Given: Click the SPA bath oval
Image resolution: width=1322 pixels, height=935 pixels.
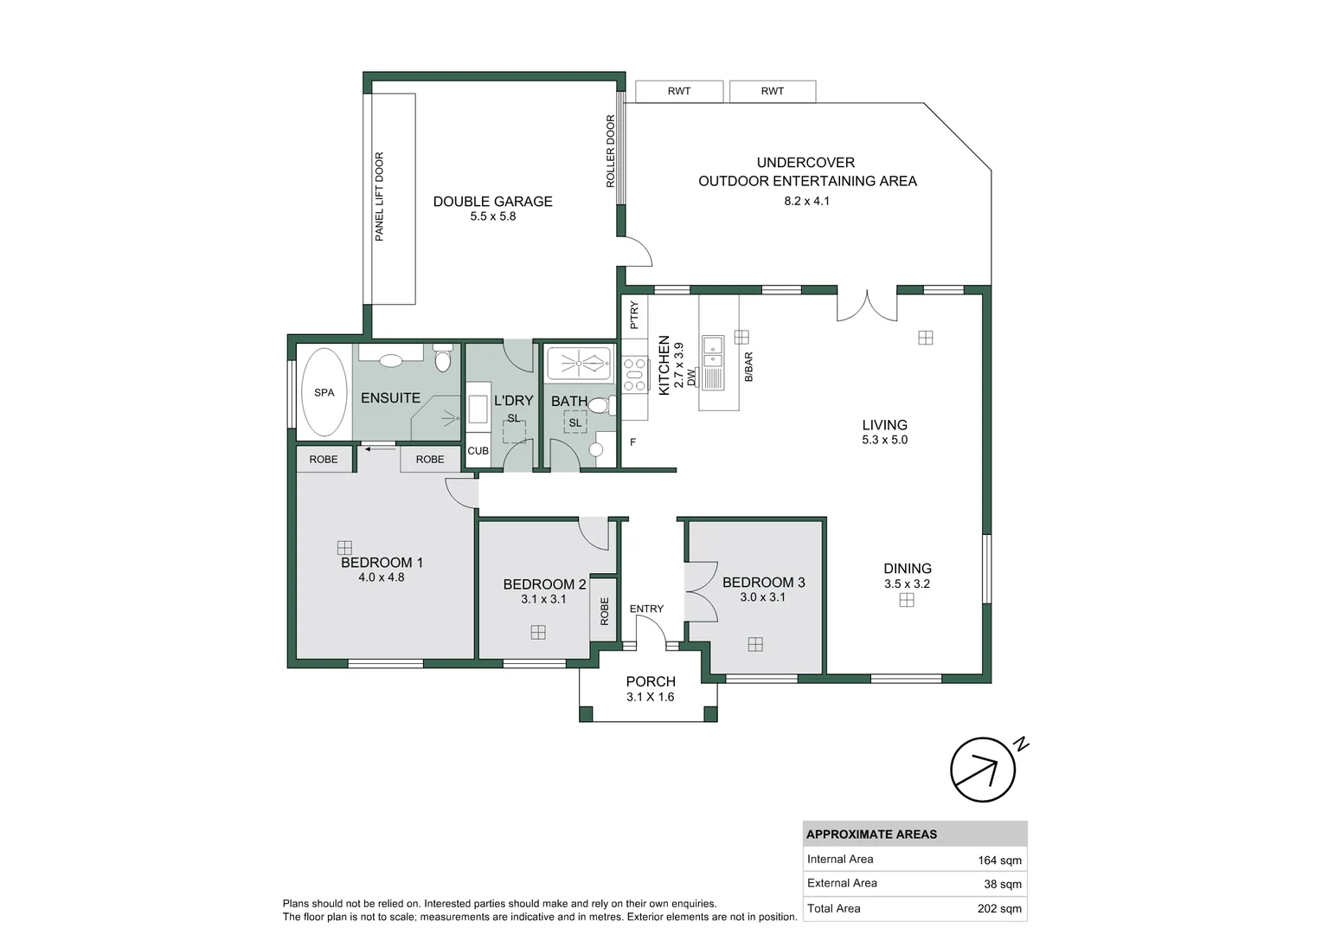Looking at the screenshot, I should point(324,392).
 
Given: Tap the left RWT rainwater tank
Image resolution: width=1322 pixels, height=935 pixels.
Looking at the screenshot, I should point(679,91).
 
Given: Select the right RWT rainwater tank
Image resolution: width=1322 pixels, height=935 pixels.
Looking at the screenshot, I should point(773,91).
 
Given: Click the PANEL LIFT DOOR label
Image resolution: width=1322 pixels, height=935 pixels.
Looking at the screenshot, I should point(379,197).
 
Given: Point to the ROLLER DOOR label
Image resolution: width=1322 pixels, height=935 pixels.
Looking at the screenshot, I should point(610,151).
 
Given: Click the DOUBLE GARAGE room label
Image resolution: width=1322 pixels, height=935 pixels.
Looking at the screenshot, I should point(492,201).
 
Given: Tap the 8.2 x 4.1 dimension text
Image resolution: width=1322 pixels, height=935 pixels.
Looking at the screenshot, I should point(806,201).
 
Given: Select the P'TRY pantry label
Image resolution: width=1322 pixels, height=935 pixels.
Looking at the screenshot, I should point(634,314).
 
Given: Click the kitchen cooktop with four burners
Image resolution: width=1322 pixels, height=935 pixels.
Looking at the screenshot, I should point(635,375).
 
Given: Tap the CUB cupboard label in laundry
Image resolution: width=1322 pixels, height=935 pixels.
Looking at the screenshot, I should point(478,451).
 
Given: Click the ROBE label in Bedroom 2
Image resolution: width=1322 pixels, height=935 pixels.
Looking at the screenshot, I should point(604,611).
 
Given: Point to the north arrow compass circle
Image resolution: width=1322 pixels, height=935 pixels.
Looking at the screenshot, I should point(983,770).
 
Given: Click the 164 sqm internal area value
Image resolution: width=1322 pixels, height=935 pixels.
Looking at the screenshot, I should point(999,860).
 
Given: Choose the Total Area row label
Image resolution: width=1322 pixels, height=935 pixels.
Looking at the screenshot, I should point(833,908).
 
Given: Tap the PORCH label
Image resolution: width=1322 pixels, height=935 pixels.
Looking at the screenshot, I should point(651,681).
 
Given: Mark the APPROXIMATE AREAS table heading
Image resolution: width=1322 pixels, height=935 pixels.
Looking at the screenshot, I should point(871,834).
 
